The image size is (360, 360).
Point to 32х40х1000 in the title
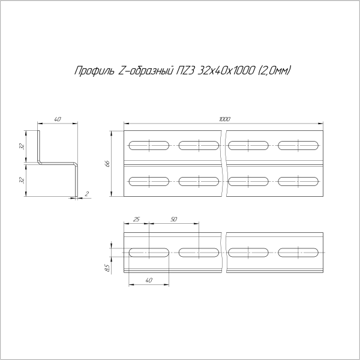coord(227,71)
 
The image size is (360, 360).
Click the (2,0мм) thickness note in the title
coord(274,71)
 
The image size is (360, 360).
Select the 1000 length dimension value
coord(225,120)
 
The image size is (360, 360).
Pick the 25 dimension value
coord(136,220)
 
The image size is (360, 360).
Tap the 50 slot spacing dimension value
coord(173,220)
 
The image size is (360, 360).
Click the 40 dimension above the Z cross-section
coord(58,120)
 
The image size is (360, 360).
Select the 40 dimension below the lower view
coord(149,280)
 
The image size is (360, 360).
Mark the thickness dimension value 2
coord(88,193)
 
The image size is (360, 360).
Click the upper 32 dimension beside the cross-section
coord(21,146)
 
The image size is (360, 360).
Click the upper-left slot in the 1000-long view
coord(148,145)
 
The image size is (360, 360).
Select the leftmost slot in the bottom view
coord(148,252)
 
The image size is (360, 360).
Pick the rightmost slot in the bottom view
coord(298,252)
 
